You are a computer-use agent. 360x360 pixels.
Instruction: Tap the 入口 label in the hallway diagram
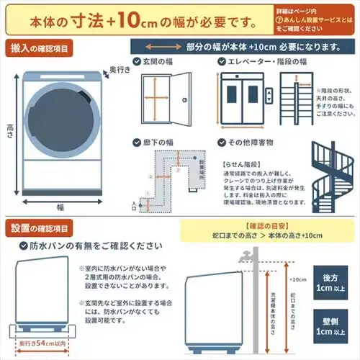134,206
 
